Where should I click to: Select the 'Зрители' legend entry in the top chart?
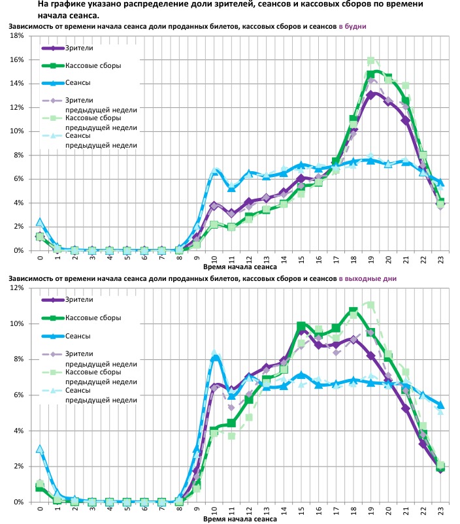point(79,49)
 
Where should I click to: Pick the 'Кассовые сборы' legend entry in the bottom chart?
point(93,318)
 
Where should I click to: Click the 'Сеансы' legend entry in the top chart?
point(78,83)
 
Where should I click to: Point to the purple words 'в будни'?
point(352,25)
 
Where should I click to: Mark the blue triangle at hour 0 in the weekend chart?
point(40,450)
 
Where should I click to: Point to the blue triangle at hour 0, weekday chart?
point(40,222)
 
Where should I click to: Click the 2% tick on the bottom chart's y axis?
point(20,467)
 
